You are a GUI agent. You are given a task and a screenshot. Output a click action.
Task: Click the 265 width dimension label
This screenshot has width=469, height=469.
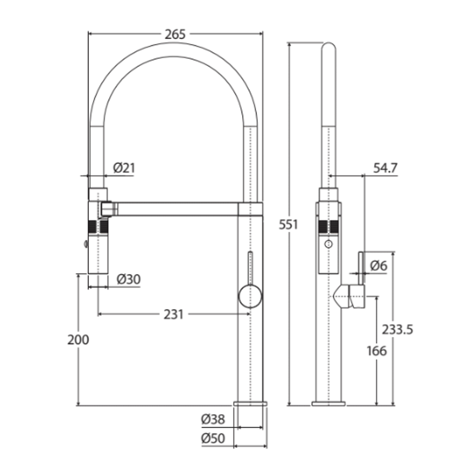coord(175,34)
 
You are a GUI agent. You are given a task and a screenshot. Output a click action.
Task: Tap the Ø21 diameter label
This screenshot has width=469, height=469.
coord(124,168)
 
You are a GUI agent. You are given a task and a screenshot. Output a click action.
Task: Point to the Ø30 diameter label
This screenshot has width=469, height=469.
coord(129,280)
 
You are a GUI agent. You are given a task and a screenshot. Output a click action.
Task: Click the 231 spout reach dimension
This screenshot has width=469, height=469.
coord(174,314)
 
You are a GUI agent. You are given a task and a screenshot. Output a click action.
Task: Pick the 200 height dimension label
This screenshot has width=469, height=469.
coord(78,340)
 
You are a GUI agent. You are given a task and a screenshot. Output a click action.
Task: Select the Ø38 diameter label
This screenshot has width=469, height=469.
coord(213,419)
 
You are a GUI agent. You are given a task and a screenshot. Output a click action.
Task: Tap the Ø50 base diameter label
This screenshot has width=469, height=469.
coord(213,439)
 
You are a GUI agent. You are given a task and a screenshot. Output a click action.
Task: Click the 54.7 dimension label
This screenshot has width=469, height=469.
coord(385,168)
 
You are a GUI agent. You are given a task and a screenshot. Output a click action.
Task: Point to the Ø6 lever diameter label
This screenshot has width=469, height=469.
coord(379,265)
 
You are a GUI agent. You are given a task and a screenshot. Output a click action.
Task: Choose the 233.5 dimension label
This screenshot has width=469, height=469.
coord(397,330)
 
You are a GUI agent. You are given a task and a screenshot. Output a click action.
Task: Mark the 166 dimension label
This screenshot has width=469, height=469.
coord(376,350)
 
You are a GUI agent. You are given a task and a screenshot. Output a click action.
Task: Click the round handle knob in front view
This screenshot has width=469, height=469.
coord(250,297)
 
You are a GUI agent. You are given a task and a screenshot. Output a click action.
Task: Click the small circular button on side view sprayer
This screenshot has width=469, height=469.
coord(329,244)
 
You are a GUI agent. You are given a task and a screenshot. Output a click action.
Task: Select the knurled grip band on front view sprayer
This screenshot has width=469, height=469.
coord(98,227)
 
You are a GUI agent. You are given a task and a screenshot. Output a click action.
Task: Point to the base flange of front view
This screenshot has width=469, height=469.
coord(250,403)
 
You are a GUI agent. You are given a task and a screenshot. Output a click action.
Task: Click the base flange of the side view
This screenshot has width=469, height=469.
coord(328,403)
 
